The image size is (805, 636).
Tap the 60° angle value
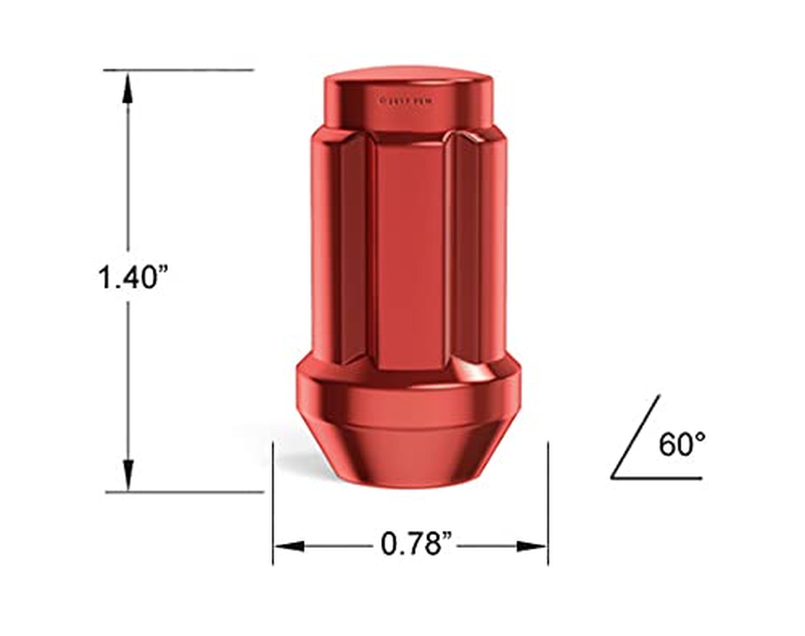tap(682, 444)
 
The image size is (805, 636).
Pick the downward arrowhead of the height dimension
tap(127, 472)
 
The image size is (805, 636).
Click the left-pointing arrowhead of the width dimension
tap(289, 546)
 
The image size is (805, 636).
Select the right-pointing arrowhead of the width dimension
tap(531, 546)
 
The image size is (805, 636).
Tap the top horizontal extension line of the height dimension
tap(178, 70)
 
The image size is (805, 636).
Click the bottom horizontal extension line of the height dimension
tap(183, 492)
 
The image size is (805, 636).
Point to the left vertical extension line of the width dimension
tap(273, 501)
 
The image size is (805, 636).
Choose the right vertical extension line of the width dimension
tap(548, 501)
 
